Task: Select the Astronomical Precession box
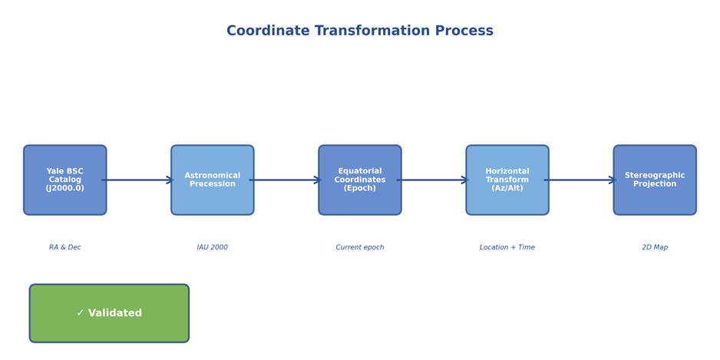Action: click(x=213, y=180)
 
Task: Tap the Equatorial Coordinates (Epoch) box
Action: click(x=360, y=180)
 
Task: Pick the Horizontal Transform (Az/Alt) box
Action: click(x=507, y=180)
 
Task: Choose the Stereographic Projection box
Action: click(x=655, y=180)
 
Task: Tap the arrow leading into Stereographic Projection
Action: click(x=580, y=180)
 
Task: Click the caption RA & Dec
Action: click(x=65, y=248)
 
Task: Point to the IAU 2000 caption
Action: click(x=213, y=248)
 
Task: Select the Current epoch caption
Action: click(x=360, y=248)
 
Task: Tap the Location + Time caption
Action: click(x=507, y=248)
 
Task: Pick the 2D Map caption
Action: click(x=655, y=248)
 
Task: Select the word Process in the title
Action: click(x=464, y=31)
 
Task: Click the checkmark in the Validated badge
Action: click(x=81, y=313)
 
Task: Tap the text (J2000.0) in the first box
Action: click(x=65, y=189)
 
